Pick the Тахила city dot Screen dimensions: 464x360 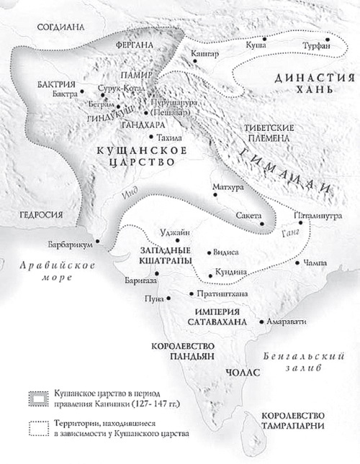pyautogui.click(x=150, y=136)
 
